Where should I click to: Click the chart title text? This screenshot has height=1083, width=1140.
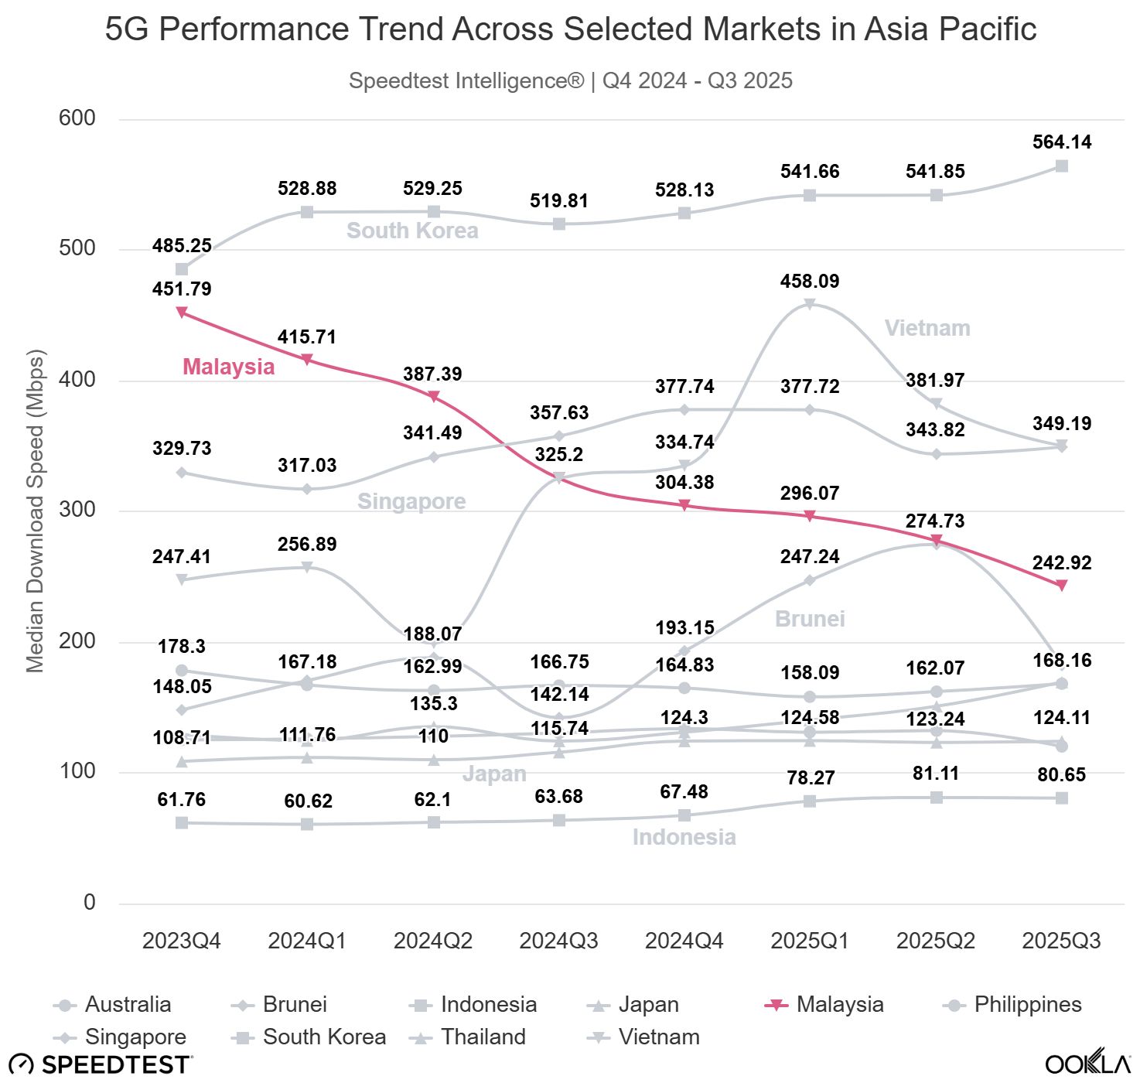coord(570,29)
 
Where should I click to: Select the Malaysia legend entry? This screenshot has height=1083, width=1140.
coord(839,1004)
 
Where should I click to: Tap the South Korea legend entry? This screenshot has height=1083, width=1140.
coord(324,1037)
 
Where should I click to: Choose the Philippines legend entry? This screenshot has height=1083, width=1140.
coord(1027,1004)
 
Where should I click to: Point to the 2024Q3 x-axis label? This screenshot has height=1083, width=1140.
coord(558,941)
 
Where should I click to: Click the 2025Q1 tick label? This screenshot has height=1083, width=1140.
coord(810,941)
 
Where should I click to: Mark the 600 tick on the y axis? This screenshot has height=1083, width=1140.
coord(77,118)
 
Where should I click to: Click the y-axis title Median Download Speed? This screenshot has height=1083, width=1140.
coord(36,511)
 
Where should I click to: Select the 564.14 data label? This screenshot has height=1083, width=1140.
coord(1062,142)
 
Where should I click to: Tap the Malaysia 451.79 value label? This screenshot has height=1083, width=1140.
coord(182,289)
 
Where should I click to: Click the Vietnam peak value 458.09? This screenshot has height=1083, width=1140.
coord(810,281)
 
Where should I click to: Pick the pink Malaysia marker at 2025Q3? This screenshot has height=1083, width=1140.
coord(1062,586)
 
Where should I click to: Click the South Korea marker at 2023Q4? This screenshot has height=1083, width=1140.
coord(182,269)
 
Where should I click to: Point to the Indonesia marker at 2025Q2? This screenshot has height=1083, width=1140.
coord(936,797)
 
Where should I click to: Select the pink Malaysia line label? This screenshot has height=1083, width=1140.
coord(228,367)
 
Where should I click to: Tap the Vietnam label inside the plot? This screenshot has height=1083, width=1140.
coord(927,328)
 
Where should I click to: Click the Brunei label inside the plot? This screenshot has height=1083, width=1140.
coord(810,619)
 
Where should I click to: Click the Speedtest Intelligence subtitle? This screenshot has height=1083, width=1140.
coord(570,80)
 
